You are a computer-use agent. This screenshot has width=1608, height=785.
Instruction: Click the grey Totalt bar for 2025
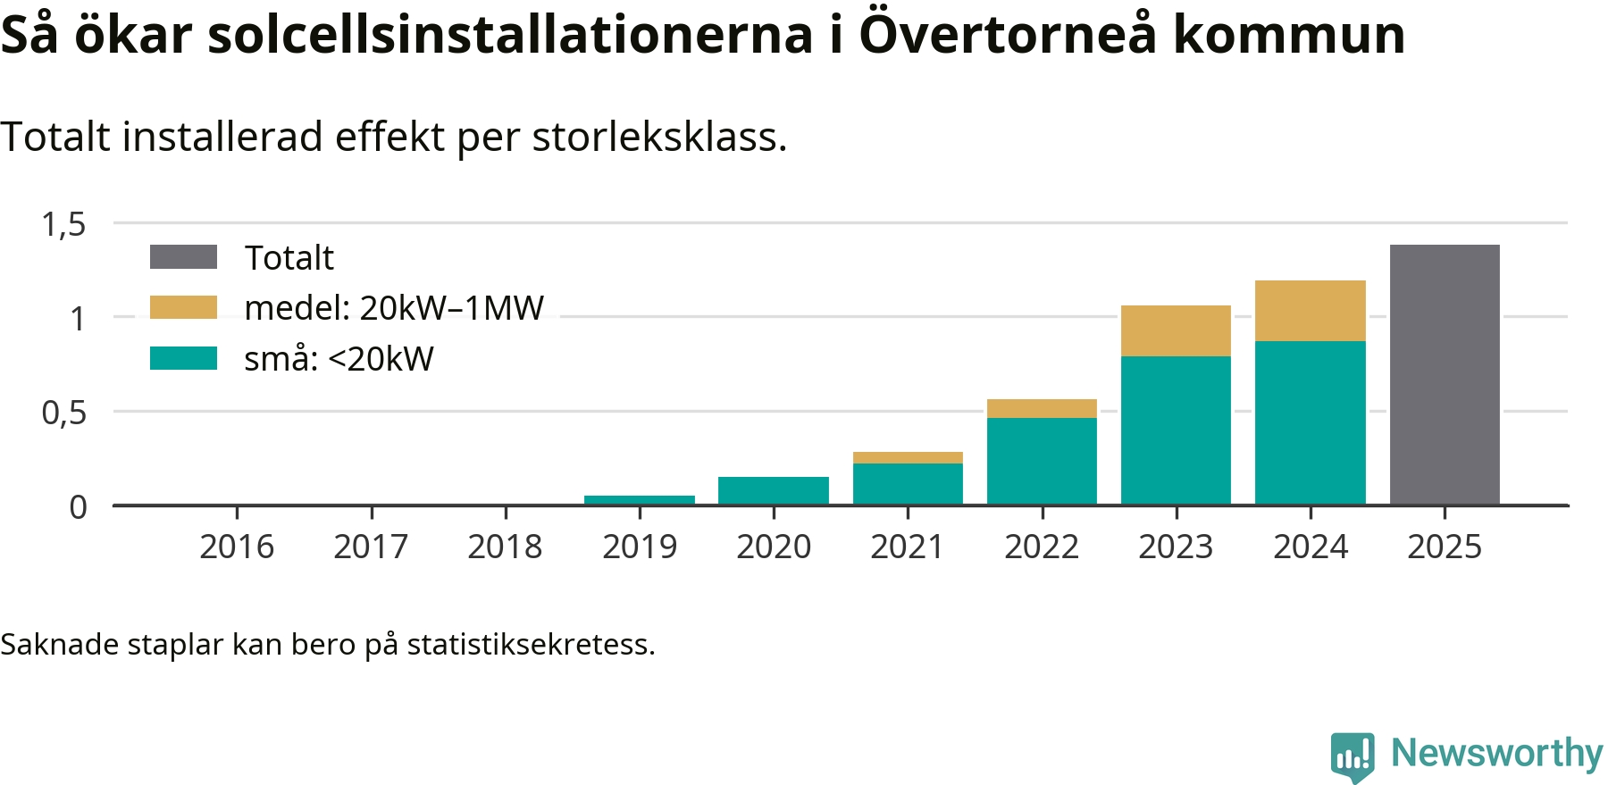click(1445, 375)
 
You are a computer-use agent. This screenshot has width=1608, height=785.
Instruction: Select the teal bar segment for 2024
click(1310, 422)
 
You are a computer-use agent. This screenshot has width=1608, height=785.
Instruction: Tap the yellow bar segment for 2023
click(1176, 330)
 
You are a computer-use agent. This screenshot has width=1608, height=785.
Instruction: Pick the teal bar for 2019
click(640, 500)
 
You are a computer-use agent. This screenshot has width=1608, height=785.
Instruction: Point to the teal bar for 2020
click(774, 490)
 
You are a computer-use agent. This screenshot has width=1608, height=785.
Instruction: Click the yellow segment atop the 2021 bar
click(908, 457)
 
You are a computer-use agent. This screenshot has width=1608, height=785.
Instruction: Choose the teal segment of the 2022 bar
click(1042, 461)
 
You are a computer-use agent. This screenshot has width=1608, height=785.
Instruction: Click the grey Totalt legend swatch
click(183, 257)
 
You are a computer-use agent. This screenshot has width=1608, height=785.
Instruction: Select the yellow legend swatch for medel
click(183, 307)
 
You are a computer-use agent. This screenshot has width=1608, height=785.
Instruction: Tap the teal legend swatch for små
click(183, 358)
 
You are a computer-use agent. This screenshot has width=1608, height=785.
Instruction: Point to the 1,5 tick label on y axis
click(64, 224)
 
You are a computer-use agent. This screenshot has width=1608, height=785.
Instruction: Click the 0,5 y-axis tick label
click(64, 413)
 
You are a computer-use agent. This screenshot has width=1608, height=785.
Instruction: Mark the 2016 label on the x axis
click(237, 547)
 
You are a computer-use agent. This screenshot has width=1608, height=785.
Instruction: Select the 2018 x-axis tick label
click(505, 547)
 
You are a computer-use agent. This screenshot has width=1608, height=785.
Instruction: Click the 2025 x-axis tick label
click(1445, 547)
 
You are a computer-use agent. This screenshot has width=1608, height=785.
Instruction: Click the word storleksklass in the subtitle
click(659, 138)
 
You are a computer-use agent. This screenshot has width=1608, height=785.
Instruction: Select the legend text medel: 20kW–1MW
click(394, 308)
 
